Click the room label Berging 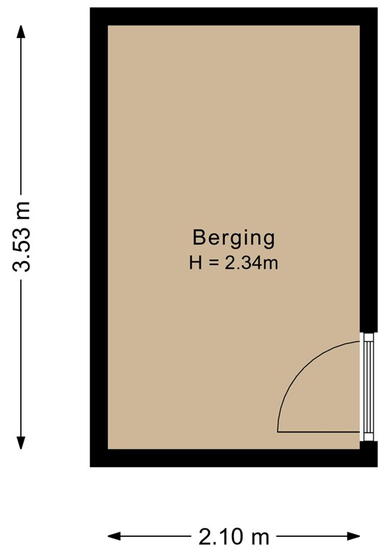tap(233, 237)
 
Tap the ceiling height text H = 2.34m tap(233, 263)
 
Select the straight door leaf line tap(318, 432)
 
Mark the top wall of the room tap(233, 17)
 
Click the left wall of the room tap(99, 237)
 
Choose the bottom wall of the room tap(233, 458)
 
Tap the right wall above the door tap(368, 172)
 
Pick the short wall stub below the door tap(368, 454)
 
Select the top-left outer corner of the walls tap(91, 9)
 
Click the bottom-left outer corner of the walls tap(91, 466)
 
